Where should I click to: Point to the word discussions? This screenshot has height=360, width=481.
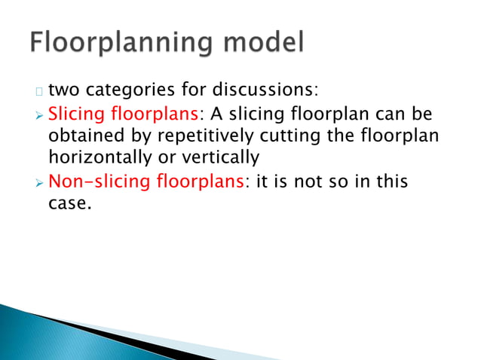263,92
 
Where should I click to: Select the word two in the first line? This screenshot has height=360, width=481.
65,93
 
